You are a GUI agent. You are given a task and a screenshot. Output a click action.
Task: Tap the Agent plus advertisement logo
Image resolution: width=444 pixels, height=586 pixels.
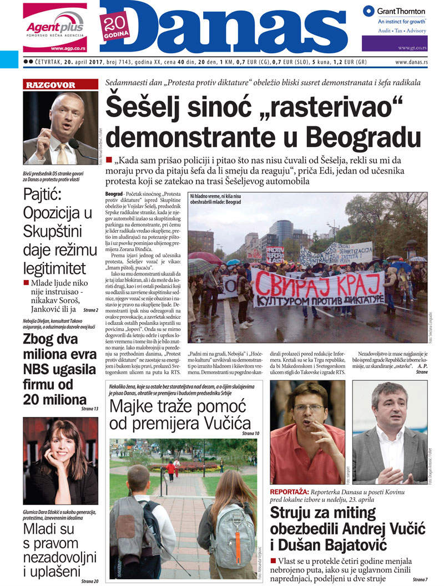55,27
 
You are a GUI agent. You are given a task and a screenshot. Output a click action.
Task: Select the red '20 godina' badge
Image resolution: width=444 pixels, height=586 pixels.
115,26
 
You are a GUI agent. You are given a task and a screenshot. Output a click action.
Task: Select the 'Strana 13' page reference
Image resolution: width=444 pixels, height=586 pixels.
89,409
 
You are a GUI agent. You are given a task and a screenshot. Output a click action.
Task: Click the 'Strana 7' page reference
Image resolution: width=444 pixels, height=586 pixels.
419,579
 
